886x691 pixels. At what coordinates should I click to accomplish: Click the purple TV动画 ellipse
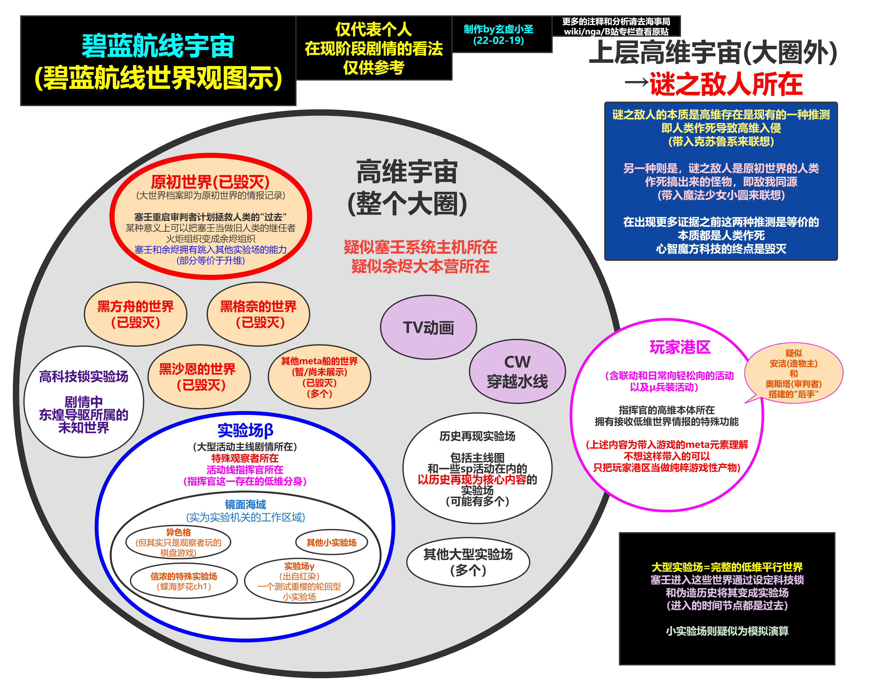(428, 327)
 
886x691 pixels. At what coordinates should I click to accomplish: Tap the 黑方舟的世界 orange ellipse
(135, 314)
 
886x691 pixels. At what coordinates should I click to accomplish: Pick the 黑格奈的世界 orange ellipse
(258, 314)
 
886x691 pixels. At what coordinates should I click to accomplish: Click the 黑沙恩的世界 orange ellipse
(199, 377)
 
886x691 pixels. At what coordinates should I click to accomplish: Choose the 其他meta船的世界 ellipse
(319, 377)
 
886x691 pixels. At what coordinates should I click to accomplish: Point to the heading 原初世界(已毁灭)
(210, 182)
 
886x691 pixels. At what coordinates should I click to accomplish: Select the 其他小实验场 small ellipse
(331, 542)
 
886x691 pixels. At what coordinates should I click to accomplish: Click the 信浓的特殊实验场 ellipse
(184, 580)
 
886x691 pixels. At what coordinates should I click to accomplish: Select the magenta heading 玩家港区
(680, 347)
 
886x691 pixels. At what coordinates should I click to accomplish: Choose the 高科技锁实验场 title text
(84, 377)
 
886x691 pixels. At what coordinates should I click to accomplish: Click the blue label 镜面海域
(245, 505)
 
